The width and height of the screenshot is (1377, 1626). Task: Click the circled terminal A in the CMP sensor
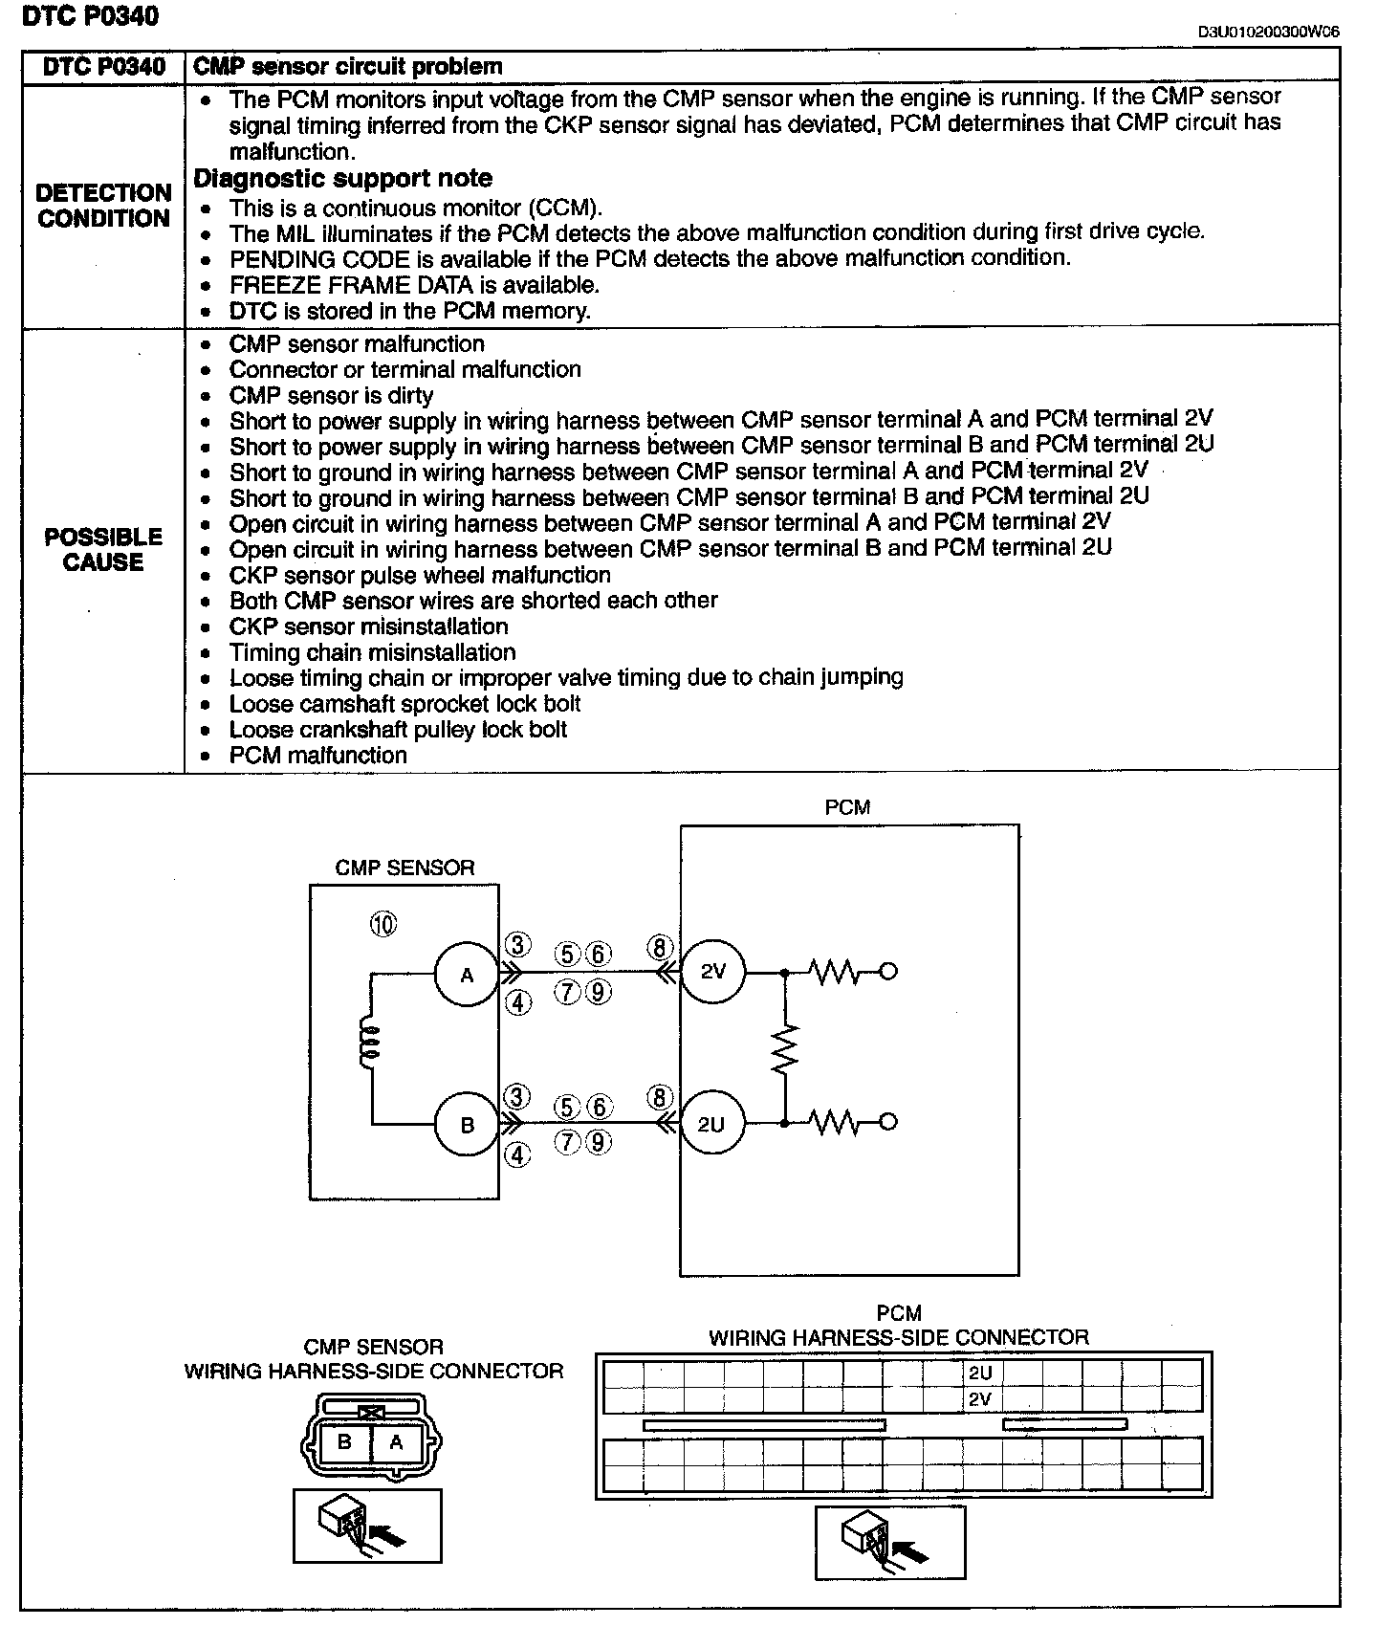[467, 975]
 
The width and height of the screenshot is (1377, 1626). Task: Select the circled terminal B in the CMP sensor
[467, 1125]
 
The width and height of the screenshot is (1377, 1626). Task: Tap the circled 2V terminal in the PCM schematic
[712, 972]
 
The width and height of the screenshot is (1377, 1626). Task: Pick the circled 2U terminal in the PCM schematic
[711, 1125]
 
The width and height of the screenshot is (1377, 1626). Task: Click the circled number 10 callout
[382, 924]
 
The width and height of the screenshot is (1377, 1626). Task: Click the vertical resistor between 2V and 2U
[785, 1047]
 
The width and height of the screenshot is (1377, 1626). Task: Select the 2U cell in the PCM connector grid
[981, 1373]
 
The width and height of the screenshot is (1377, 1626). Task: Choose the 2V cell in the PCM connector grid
[981, 1399]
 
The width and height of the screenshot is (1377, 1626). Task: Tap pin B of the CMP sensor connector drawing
[345, 1442]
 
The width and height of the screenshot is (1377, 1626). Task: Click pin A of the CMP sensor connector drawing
[396, 1442]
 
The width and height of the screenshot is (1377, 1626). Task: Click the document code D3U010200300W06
[1269, 32]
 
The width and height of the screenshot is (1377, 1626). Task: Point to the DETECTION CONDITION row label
[103, 206]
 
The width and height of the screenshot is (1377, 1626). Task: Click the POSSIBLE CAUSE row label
[103, 550]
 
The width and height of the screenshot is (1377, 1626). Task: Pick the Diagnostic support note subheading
[342, 179]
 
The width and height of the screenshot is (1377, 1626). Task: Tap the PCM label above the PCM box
[847, 807]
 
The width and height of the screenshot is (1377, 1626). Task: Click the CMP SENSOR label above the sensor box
[404, 868]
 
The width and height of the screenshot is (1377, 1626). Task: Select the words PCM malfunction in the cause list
[317, 756]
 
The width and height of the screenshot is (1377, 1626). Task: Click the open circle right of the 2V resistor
[887, 972]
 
